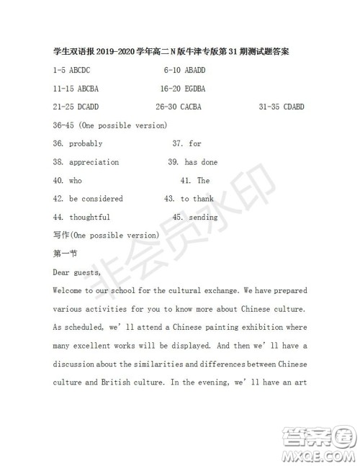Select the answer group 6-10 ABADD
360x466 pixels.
[x=184, y=71]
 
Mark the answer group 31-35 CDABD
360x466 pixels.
[x=284, y=107]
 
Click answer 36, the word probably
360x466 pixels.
[x=86, y=144]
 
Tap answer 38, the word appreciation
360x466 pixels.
[x=94, y=162]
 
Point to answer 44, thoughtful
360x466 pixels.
[x=89, y=217]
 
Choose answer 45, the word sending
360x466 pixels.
[x=203, y=217]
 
